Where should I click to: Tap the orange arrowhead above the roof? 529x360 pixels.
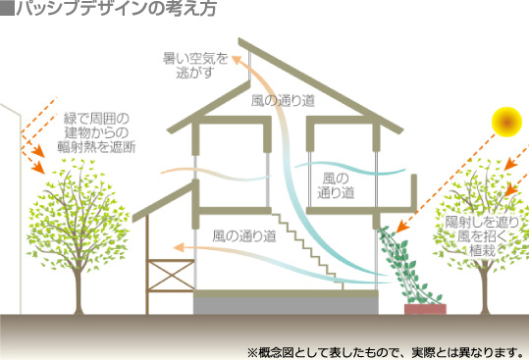[238, 61]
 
